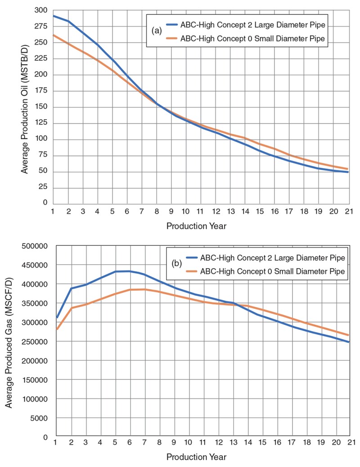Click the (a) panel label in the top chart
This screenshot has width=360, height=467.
[157, 31]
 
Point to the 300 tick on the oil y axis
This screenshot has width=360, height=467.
[41, 10]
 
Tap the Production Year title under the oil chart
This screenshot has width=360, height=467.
[196, 226]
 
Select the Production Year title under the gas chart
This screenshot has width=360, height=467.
[196, 457]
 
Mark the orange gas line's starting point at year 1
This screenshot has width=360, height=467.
[57, 329]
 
